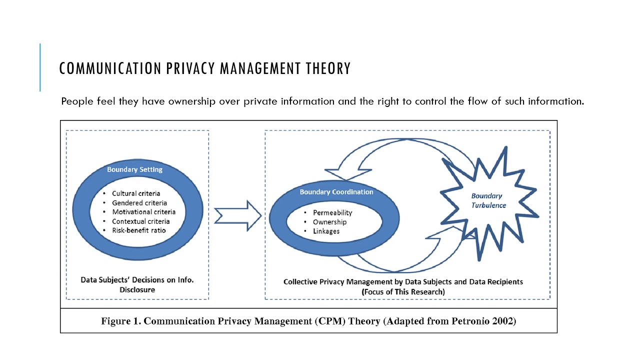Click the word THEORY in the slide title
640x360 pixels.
pyautogui.click(x=327, y=68)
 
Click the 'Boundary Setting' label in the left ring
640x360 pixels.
pyautogui.click(x=134, y=169)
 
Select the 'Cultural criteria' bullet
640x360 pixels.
pyautogui.click(x=136, y=193)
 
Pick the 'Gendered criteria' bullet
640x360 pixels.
pyautogui.click(x=139, y=203)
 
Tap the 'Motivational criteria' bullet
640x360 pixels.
pyautogui.click(x=143, y=212)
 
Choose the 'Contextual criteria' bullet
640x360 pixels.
pyautogui.click(x=140, y=221)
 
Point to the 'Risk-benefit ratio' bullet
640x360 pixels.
pyautogui.click(x=138, y=230)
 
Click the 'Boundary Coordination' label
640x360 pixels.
pyautogui.click(x=336, y=192)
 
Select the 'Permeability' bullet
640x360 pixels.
pyautogui.click(x=332, y=213)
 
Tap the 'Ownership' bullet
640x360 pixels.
pyautogui.click(x=329, y=222)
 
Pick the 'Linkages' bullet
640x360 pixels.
pyautogui.click(x=326, y=231)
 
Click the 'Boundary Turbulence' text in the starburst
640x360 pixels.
pyautogui.click(x=488, y=200)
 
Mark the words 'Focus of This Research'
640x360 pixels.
pyautogui.click(x=403, y=291)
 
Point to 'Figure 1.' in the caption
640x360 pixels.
pyautogui.click(x=120, y=321)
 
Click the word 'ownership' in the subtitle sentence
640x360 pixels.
pyautogui.click(x=191, y=101)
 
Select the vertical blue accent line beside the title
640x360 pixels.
pyautogui.click(x=40, y=67)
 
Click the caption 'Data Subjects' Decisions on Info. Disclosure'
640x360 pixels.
pyautogui.click(x=137, y=284)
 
